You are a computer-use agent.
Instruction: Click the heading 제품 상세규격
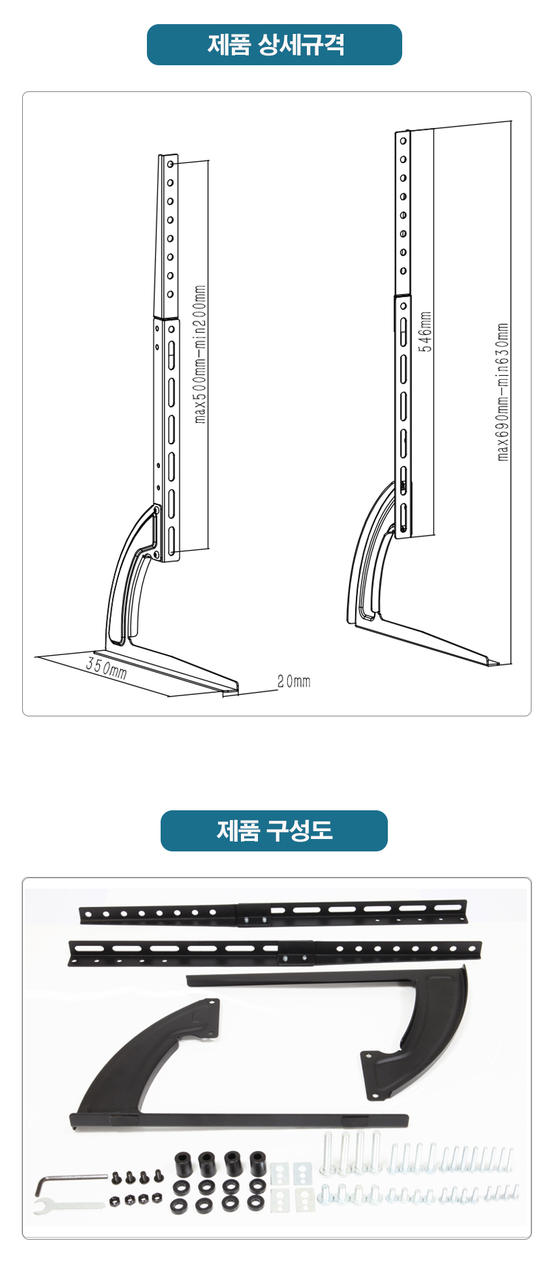coord(275,45)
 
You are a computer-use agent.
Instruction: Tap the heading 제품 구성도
coord(274,831)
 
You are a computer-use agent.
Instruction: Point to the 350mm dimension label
coord(106,668)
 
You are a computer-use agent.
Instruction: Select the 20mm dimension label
coord(294,682)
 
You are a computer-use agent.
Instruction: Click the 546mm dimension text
coord(425,331)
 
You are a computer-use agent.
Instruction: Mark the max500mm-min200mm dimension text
coord(200,354)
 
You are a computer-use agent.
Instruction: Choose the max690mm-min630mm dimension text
coord(503,391)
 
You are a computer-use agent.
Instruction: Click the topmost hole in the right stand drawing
coord(404,140)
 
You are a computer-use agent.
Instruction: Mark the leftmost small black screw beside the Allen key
coord(116,1177)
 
